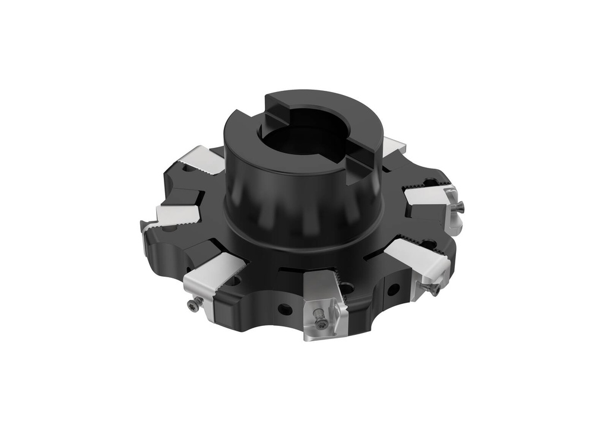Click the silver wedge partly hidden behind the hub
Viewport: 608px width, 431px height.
392,145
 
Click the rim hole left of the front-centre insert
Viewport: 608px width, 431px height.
286,309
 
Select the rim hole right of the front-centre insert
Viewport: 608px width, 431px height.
392,290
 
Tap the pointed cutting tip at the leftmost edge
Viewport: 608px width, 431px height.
143,226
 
